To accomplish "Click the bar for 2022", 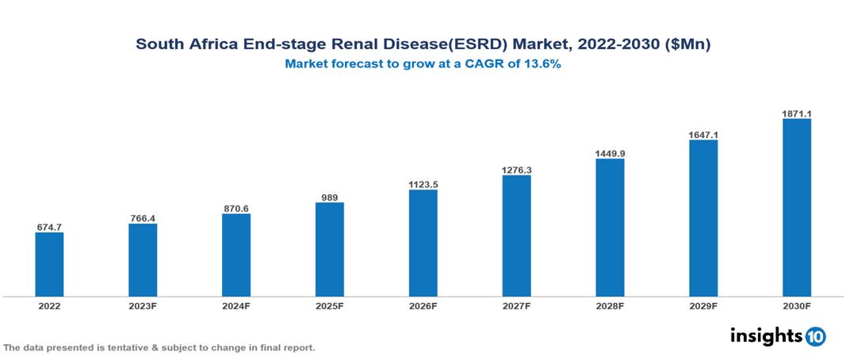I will (49, 264).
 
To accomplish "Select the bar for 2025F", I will (329, 249).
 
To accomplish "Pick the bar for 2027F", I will (516, 236).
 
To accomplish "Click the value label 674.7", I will (49, 228).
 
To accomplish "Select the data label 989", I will (329, 197).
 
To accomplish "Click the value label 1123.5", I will (423, 185).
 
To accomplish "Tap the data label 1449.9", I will (610, 154).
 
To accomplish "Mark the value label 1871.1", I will (796, 114).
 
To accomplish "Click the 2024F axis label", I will (236, 306).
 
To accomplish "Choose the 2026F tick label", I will (423, 306).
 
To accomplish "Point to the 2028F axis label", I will (610, 306).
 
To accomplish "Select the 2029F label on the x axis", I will (703, 306).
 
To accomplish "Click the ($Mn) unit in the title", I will (687, 44).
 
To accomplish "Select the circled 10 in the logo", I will (815, 337).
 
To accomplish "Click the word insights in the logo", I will (766, 336).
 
